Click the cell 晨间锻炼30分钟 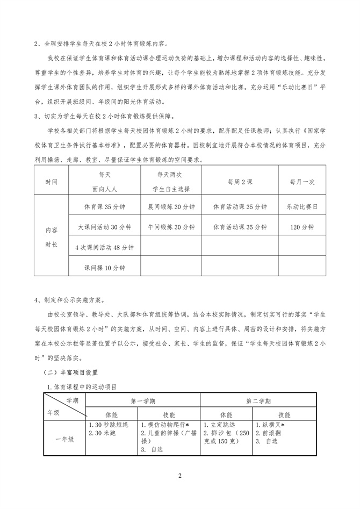pos(171,206)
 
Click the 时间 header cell pos(52,182)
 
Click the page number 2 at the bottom pos(180,477)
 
